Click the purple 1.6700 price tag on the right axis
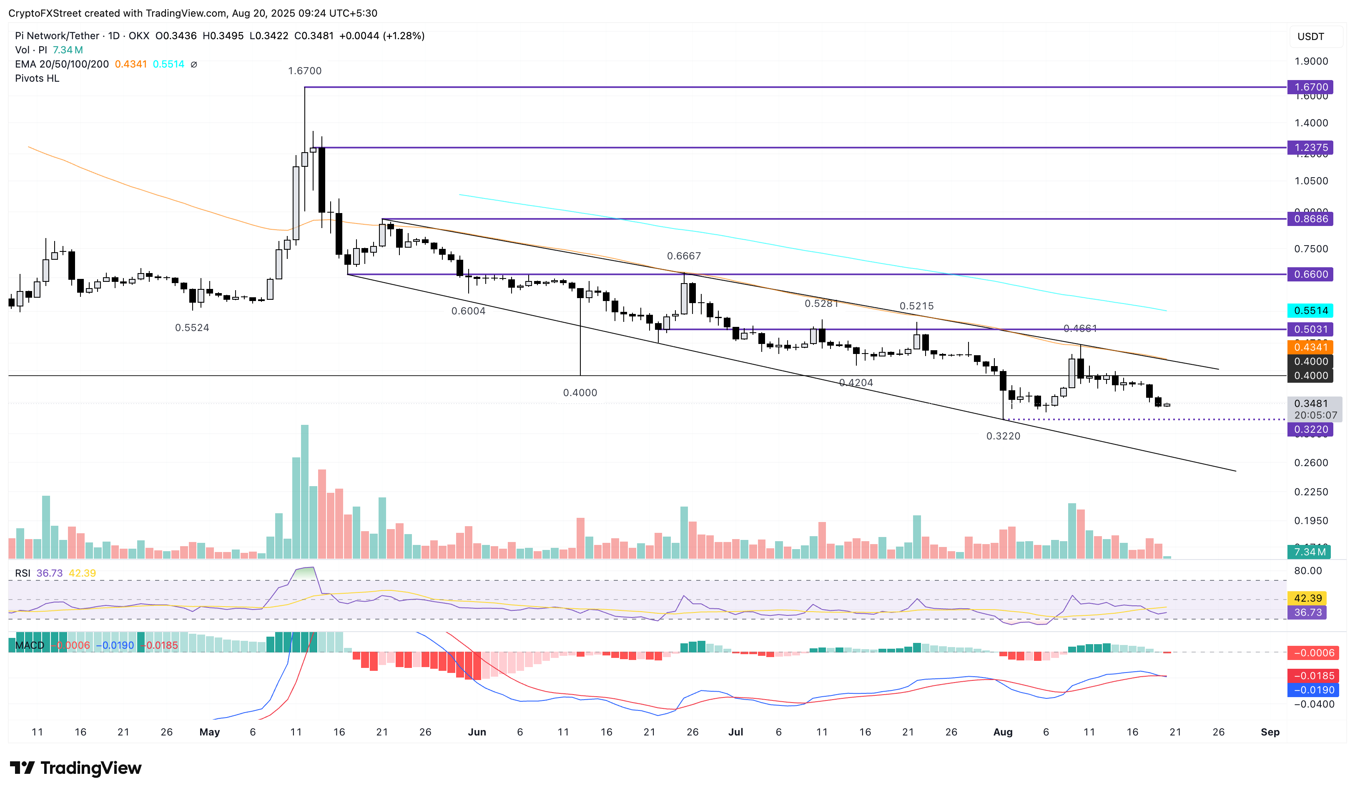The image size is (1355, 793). pos(1310,87)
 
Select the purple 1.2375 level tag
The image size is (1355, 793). pos(1310,147)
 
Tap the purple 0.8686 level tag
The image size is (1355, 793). pos(1310,219)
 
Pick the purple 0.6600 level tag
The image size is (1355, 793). pos(1310,274)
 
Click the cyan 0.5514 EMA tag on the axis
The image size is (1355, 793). pos(1310,310)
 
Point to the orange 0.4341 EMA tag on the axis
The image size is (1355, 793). pos(1310,347)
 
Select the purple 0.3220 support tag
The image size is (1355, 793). pos(1310,429)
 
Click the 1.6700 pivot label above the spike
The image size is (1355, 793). pos(304,71)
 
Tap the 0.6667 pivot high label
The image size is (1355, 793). pos(683,256)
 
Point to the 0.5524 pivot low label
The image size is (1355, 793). pos(192,327)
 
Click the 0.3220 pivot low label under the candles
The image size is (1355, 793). pos(1003,436)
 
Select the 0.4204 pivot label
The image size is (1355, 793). pos(856,383)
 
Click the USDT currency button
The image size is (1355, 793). pos(1310,37)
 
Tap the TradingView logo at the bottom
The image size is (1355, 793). pos(76,768)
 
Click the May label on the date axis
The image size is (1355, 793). pos(209,732)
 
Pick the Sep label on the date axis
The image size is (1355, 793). pos(1270,732)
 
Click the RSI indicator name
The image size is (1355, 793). pos(23,573)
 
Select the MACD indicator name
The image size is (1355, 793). pos(30,645)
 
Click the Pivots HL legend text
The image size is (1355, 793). pos(37,78)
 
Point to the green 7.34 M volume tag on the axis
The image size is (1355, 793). pos(1309,552)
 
